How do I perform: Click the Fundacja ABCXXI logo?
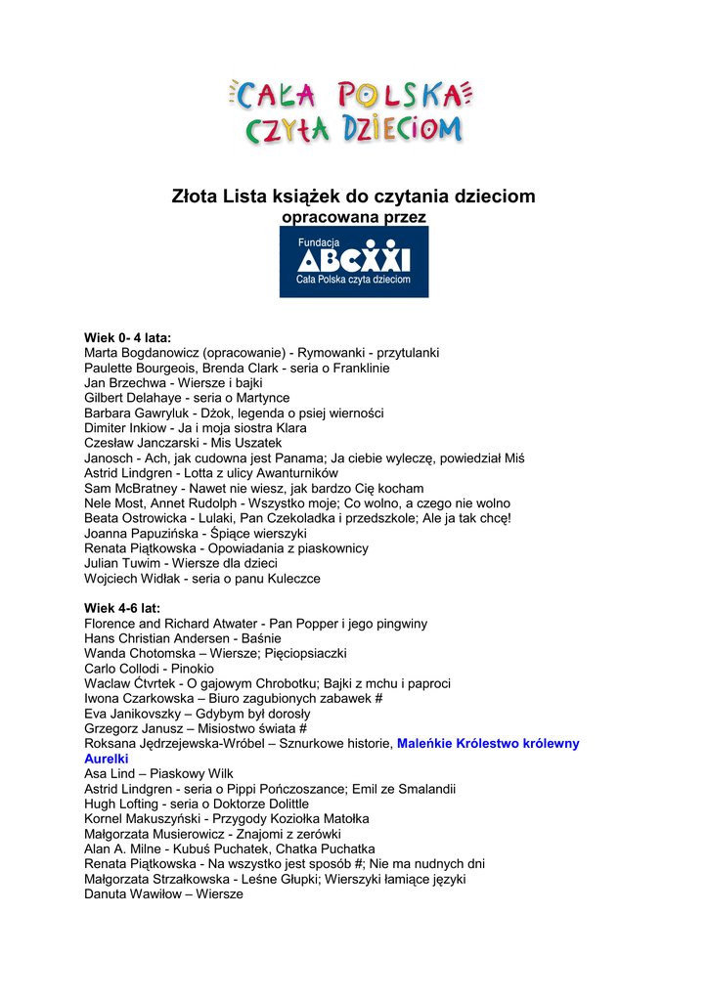click(353, 262)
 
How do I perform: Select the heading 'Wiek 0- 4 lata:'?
click(127, 337)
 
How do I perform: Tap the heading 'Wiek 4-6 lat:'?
click(121, 608)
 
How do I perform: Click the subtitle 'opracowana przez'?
click(353, 217)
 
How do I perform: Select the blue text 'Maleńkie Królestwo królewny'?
click(488, 744)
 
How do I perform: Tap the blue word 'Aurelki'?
click(107, 759)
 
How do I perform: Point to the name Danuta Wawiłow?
click(133, 894)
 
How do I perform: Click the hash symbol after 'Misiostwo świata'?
click(304, 728)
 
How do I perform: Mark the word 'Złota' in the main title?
click(194, 196)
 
